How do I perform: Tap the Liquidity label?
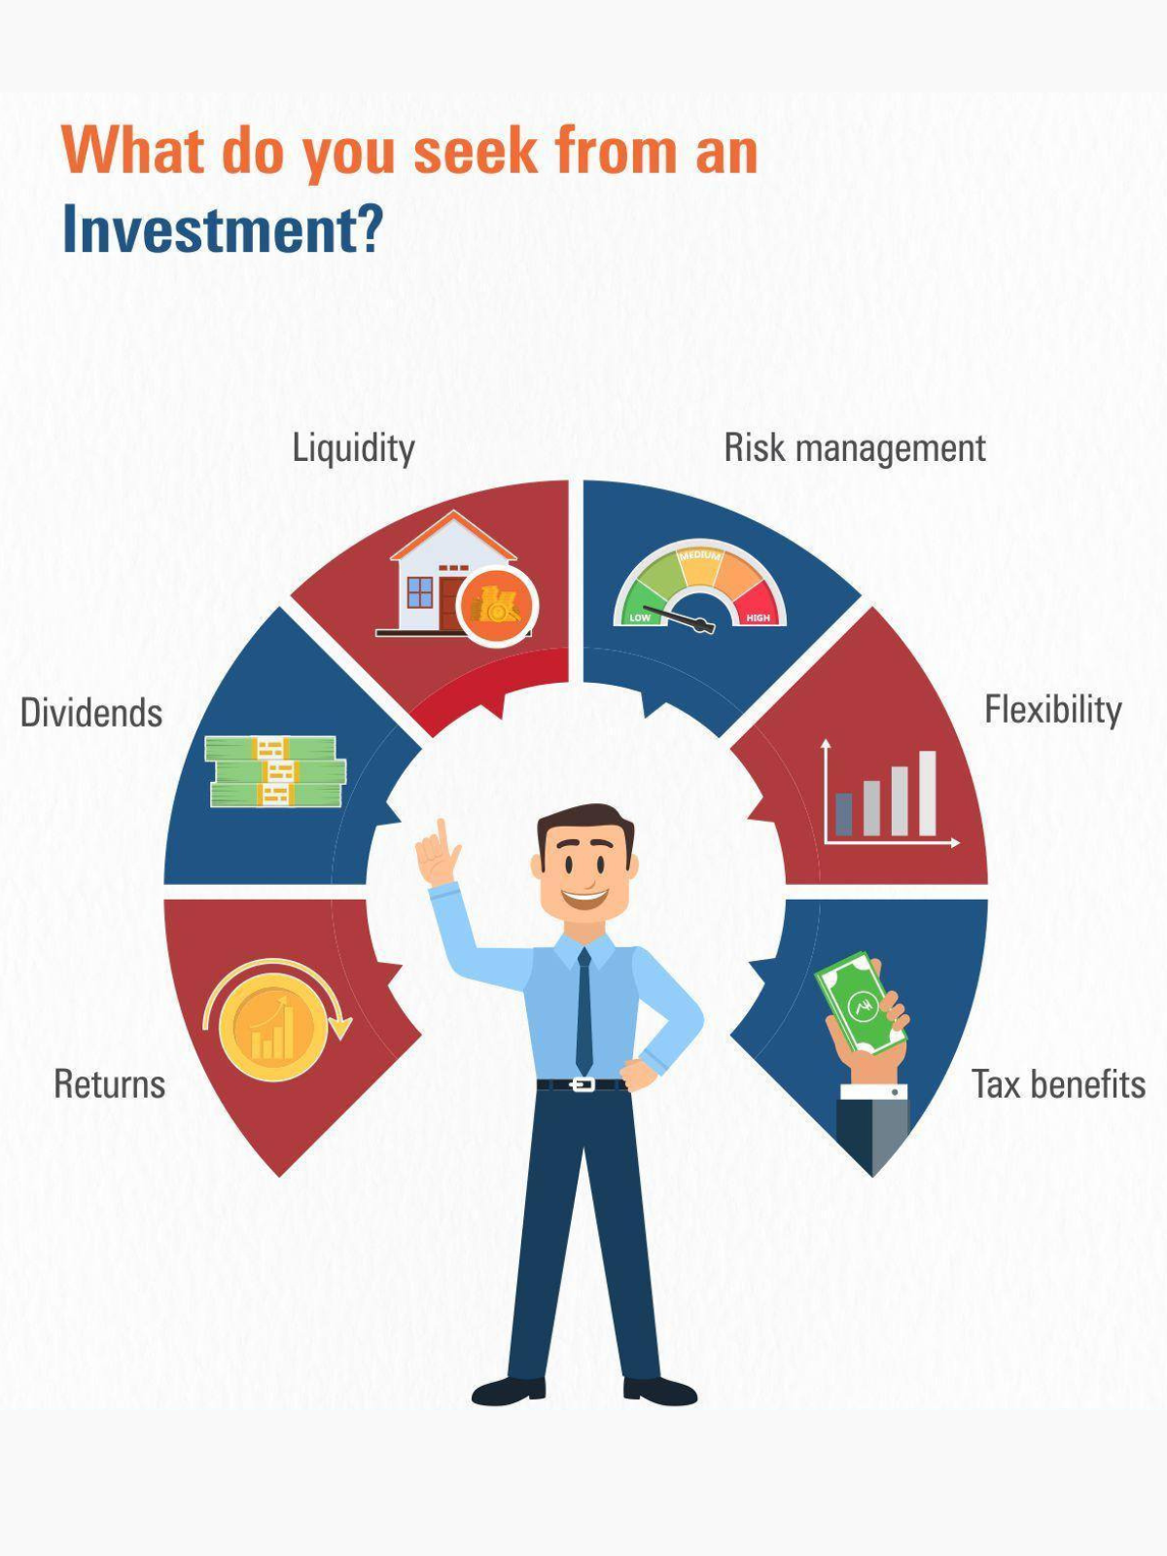pos(354,448)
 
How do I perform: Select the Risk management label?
pos(855,448)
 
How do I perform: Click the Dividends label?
pos(91,713)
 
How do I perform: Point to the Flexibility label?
pos(1053,709)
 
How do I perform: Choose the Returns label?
pos(110,1084)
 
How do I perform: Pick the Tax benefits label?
pos(1059,1084)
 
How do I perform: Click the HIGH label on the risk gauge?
pos(758,618)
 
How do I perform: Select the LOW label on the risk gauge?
pos(639,618)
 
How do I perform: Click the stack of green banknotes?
pos(276,772)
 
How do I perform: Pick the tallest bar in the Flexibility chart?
pos(928,793)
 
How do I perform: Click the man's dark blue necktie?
pos(583,1011)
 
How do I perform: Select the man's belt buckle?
pos(582,1084)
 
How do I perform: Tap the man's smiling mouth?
pos(584,898)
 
